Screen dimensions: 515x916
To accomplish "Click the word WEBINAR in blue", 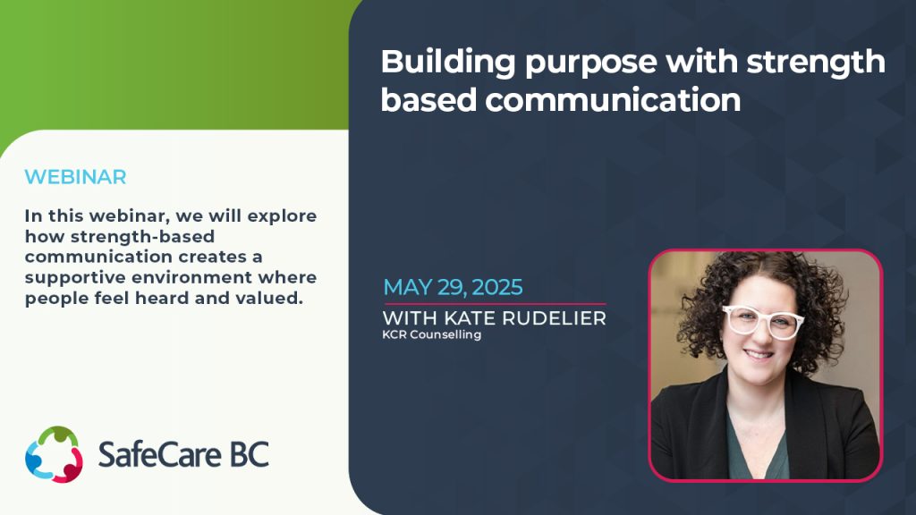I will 75,177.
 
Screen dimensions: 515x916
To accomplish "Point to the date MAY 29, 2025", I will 453,288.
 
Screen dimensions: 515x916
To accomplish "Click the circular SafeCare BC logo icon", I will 54,454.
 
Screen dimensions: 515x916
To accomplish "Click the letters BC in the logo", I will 246,455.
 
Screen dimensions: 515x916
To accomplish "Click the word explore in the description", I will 287,216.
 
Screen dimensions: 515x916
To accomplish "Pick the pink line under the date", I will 494,304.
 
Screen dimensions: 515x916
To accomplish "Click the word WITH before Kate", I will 408,318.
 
